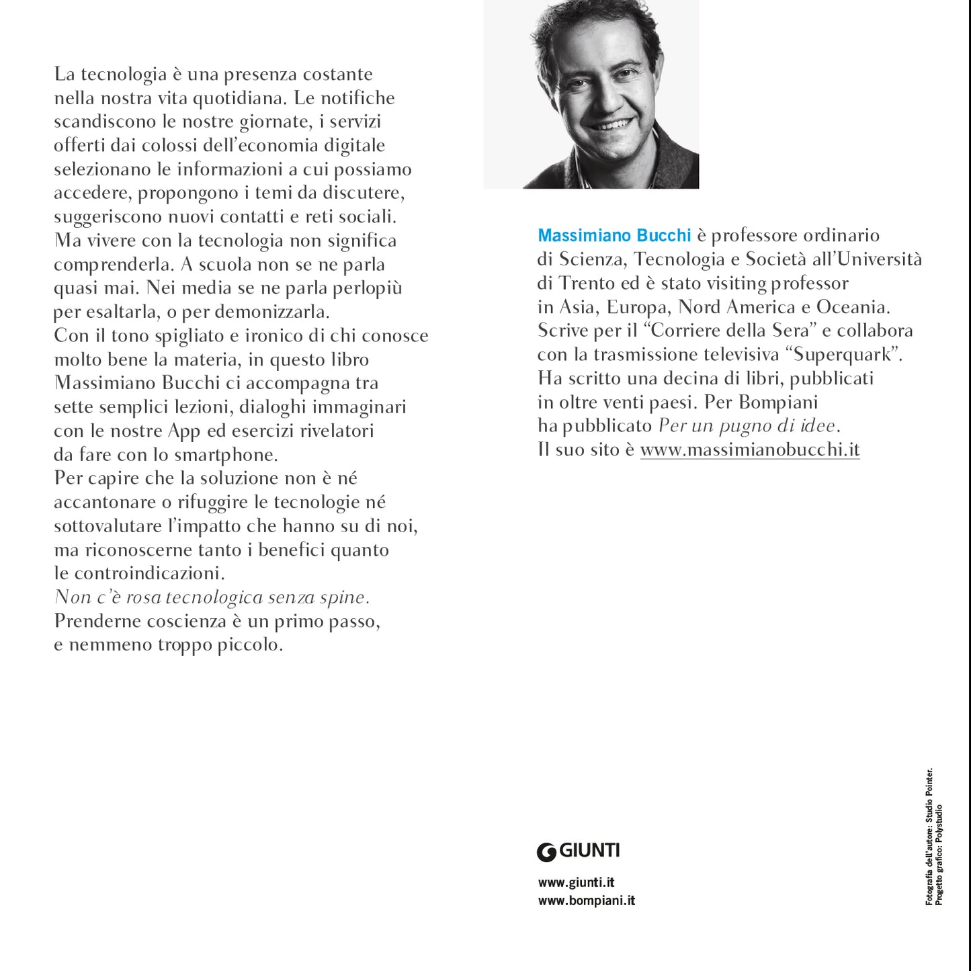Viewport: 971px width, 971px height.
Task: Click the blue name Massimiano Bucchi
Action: point(614,236)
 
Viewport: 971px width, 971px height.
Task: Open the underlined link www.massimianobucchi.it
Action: point(749,450)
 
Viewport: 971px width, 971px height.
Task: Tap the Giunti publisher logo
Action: point(578,851)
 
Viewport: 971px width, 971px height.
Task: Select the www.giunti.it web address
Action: point(577,882)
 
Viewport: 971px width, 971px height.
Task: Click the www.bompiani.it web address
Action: point(586,900)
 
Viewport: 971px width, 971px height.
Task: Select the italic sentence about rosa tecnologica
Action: point(212,597)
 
